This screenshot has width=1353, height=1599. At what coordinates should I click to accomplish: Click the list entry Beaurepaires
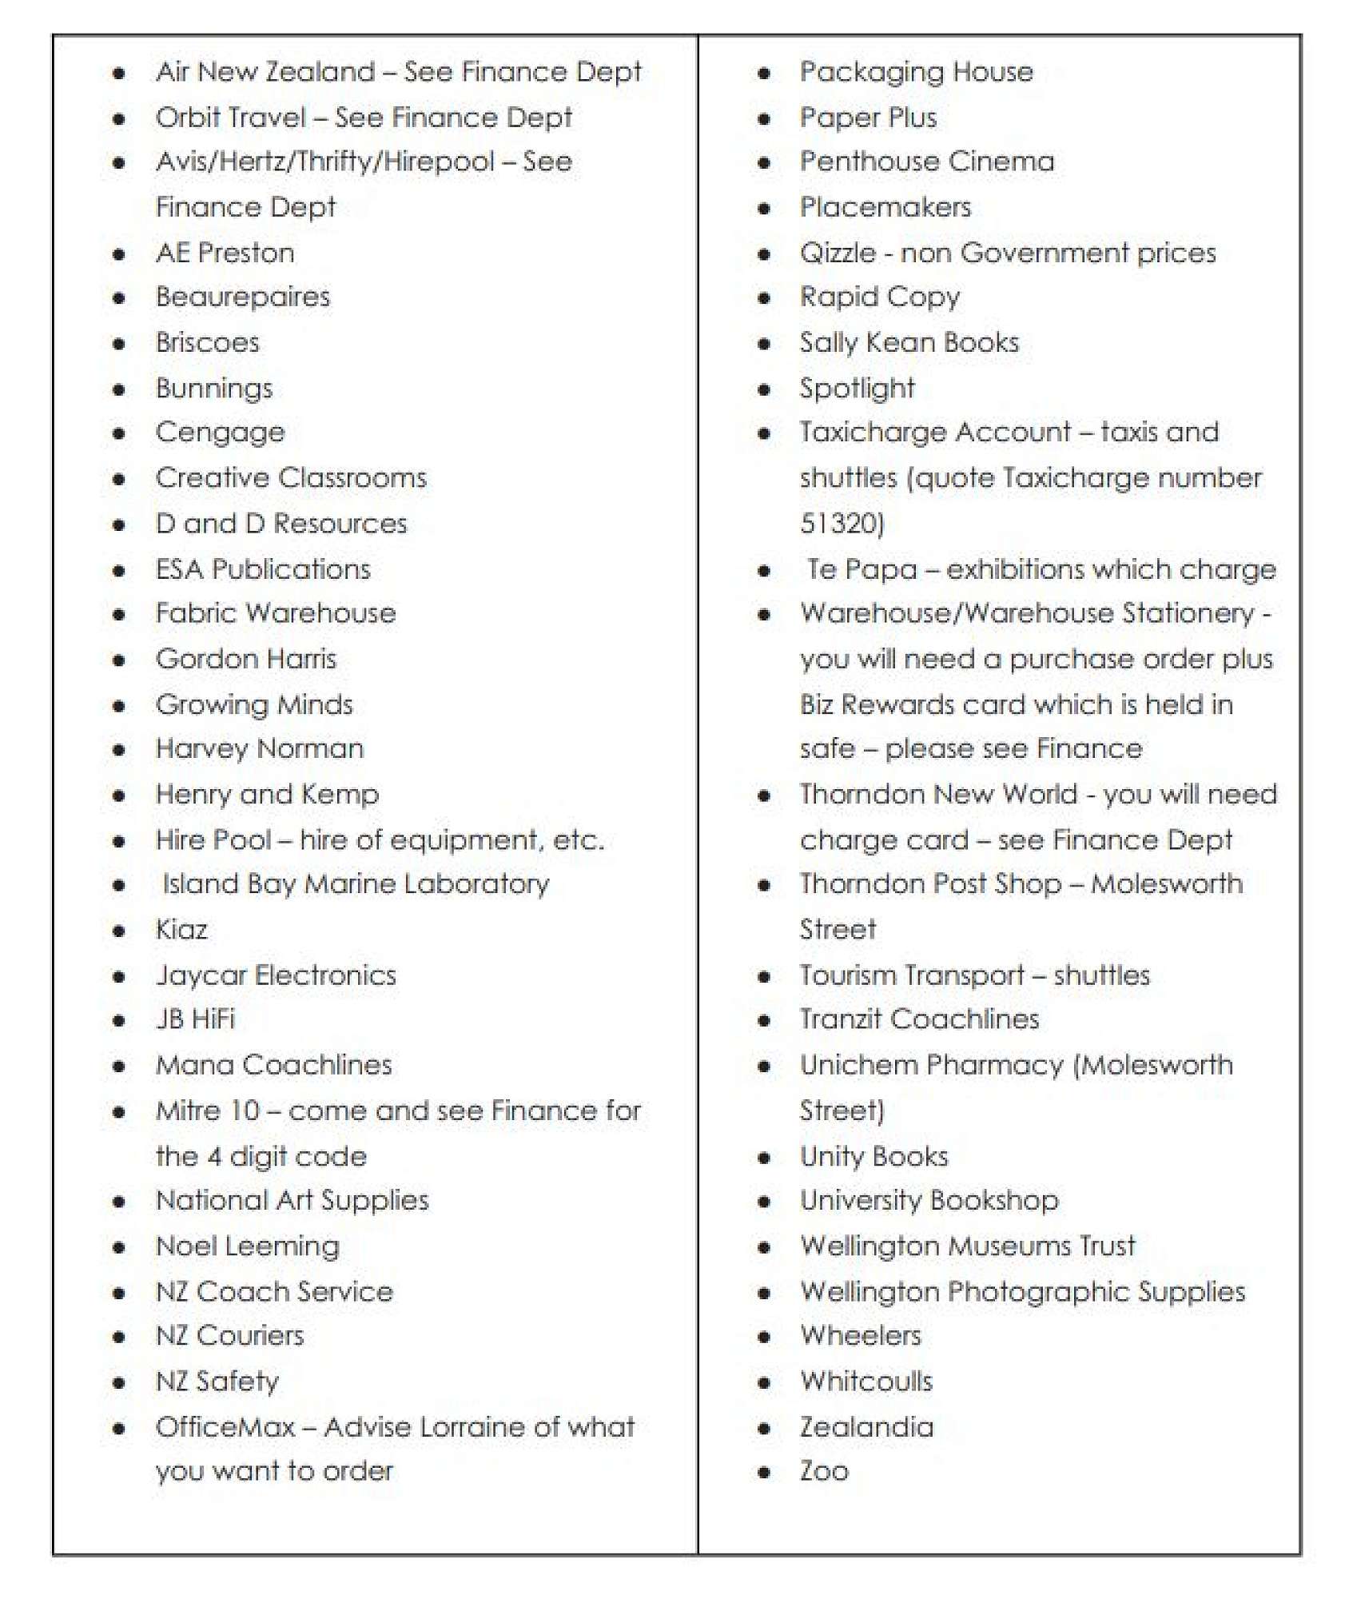click(242, 297)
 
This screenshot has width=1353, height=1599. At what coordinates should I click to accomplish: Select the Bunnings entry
click(214, 389)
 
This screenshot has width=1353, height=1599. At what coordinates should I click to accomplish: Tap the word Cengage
click(220, 433)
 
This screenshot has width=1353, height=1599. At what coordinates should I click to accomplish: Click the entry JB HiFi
click(196, 1019)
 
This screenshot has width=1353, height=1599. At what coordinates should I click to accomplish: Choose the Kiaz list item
click(181, 930)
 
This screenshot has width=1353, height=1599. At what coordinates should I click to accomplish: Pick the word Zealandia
click(866, 1427)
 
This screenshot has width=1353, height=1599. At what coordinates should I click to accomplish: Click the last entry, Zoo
click(824, 1471)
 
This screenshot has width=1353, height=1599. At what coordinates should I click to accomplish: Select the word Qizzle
click(838, 253)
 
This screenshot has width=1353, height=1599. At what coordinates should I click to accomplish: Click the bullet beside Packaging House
click(764, 74)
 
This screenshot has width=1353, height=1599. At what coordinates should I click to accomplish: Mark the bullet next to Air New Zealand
click(119, 74)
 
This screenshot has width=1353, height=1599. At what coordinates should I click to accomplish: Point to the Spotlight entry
click(857, 389)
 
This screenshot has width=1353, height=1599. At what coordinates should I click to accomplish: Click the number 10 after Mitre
click(244, 1111)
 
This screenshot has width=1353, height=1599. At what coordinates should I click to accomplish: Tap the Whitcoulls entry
click(866, 1382)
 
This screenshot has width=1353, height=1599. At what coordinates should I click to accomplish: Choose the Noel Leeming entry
click(248, 1246)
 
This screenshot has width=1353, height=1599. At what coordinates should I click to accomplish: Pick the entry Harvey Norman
click(260, 749)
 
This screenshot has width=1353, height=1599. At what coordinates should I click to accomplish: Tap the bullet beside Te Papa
click(764, 571)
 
